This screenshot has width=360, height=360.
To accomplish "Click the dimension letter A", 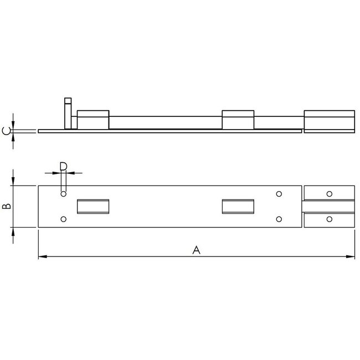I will coord(196,250).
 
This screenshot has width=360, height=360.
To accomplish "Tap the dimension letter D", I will coord(63,166).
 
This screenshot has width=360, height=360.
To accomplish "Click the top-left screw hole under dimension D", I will coord(64,194).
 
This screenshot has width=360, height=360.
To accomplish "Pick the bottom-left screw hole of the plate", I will coord(64,219).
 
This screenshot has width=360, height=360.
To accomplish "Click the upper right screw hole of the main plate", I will coord(279,194).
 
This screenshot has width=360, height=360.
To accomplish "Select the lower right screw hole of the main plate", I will coord(279,219).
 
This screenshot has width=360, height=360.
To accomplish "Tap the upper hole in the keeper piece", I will coord(330,194).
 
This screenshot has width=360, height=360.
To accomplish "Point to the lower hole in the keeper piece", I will coord(330,220).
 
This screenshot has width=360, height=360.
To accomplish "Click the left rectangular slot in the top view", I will coord(93,206).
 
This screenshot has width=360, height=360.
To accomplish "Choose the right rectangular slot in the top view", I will coord(238,206).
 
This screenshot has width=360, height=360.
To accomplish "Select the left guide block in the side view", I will coord(92,120).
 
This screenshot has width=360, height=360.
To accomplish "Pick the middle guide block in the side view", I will coord(238,120).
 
